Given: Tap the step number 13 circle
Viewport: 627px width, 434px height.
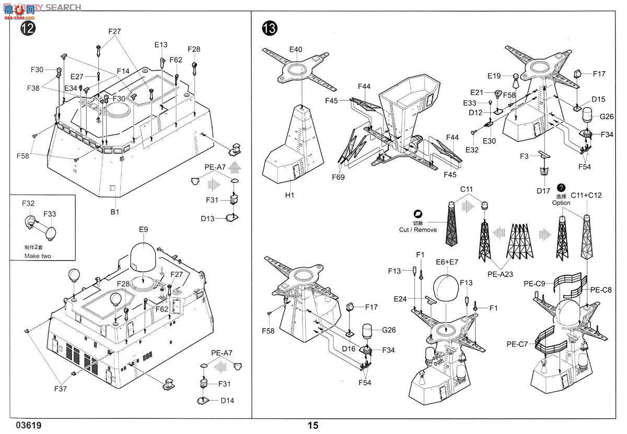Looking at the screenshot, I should pyautogui.click(x=269, y=29).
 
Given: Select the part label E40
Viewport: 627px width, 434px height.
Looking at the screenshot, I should pyautogui.click(x=296, y=50).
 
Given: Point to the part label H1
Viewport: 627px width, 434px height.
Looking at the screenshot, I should pyautogui.click(x=291, y=195).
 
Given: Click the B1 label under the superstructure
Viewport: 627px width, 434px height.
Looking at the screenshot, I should pyautogui.click(x=115, y=212).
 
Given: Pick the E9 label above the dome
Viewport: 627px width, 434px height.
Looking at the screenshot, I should pyautogui.click(x=144, y=230).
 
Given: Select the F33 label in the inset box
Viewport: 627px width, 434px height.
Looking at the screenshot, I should pyautogui.click(x=50, y=214).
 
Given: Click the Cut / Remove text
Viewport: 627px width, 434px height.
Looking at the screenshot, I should pyautogui.click(x=418, y=230).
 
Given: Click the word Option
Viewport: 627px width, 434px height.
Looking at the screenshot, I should pyautogui.click(x=561, y=203).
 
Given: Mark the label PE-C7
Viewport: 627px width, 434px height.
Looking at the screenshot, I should pyautogui.click(x=517, y=344).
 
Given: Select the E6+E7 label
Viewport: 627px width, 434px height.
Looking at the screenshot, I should pyautogui.click(x=448, y=262).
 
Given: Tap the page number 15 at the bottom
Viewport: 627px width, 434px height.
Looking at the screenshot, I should pyautogui.click(x=312, y=426).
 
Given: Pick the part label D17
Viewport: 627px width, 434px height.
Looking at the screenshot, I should pyautogui.click(x=543, y=191).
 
